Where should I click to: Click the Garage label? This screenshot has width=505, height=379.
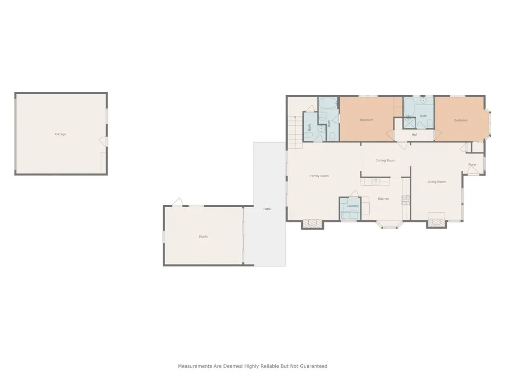(x=60, y=134)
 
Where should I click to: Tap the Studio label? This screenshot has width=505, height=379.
(x=203, y=237)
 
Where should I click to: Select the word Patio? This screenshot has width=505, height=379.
(x=267, y=209)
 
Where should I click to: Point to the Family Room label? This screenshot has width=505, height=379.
(x=319, y=176)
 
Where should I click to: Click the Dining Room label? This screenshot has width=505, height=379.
(x=386, y=160)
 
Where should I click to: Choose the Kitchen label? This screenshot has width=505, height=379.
(x=383, y=199)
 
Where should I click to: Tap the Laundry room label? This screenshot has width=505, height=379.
(x=352, y=206)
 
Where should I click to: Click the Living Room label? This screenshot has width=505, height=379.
(x=436, y=182)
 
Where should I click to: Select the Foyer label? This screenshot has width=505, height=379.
(x=472, y=165)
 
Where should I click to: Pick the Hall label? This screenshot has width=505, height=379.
(x=414, y=134)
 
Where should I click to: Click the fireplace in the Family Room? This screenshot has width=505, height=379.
(x=312, y=224)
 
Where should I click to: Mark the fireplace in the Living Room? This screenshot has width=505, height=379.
(x=436, y=223)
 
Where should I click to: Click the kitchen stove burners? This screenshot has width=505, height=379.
(x=406, y=199)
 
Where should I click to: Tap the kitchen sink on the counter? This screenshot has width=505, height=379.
(x=375, y=182)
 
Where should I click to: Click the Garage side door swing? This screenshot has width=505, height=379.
(x=104, y=142)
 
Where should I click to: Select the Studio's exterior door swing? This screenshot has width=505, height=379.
(x=178, y=202)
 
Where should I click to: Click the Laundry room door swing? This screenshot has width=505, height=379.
(x=354, y=194)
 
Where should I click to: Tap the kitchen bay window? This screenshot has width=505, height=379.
(x=390, y=225)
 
